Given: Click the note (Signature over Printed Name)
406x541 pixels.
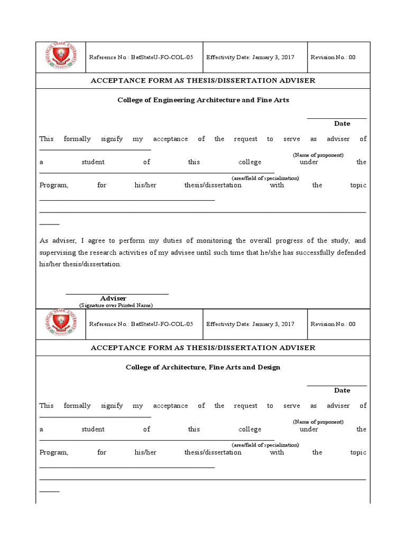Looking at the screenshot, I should pyautogui.click(x=116, y=305).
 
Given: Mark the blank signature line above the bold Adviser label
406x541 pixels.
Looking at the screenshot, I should pyautogui.click(x=117, y=293).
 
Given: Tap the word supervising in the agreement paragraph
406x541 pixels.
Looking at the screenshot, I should pyautogui.click(x=58, y=253).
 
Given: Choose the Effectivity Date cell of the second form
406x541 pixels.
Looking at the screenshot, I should pyautogui.click(x=250, y=324).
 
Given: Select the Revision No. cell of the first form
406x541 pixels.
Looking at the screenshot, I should pyautogui.click(x=333, y=58).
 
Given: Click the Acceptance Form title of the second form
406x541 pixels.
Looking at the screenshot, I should pyautogui.click(x=203, y=348).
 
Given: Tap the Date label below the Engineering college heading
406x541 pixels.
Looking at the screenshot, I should pyautogui.click(x=342, y=124).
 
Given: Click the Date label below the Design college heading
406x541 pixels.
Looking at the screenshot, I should pyautogui.click(x=342, y=390).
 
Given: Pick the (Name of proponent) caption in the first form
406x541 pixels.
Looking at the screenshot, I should pyautogui.click(x=318, y=155).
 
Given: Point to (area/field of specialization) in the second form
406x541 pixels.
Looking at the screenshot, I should pyautogui.click(x=265, y=445).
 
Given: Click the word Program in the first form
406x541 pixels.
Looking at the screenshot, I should pyautogui.click(x=53, y=185).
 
